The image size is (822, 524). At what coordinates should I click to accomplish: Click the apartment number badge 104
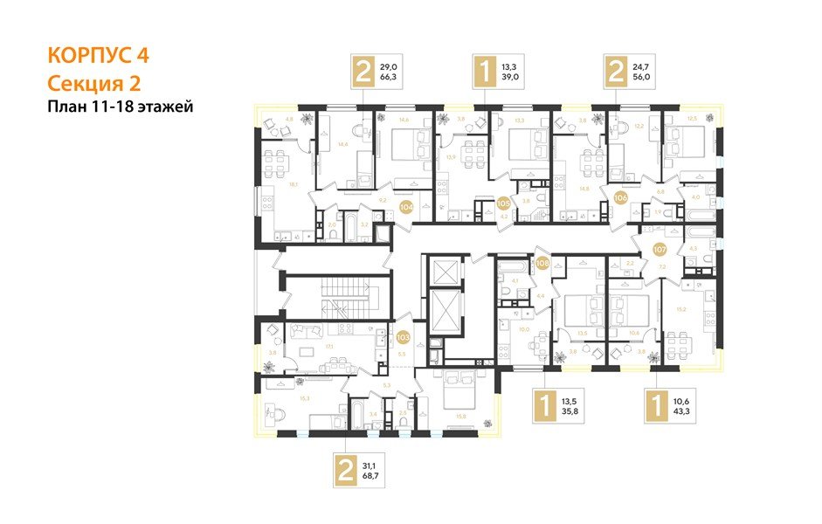pos(406,207)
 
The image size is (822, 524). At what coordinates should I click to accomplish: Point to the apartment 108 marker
pos(542,261)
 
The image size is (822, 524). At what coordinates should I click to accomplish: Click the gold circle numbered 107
pos(660,249)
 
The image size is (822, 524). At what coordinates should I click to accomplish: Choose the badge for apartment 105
pos(503,203)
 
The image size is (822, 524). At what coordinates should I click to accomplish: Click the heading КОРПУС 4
pos(98,56)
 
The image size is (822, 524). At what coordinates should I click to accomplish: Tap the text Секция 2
pos(93,83)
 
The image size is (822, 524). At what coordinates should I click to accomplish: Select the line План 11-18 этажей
pos(120,107)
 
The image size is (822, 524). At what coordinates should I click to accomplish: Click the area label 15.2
pos(680,309)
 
